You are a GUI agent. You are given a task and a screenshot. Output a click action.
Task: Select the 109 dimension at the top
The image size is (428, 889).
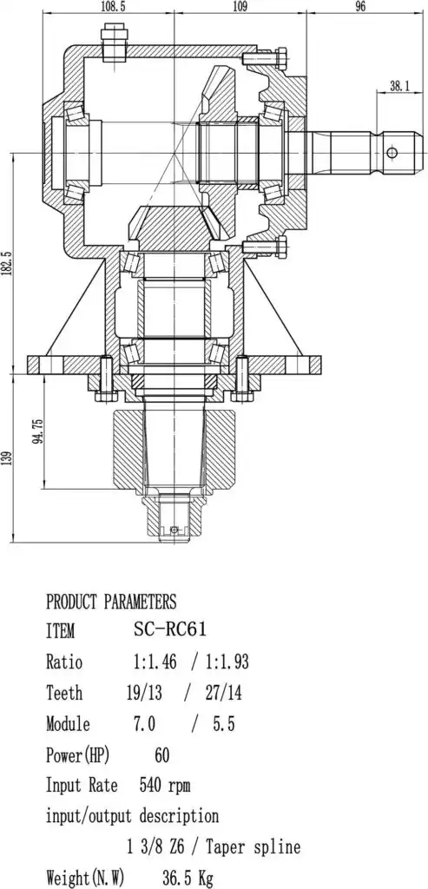240,6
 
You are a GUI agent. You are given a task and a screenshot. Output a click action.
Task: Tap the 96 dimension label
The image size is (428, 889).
360,6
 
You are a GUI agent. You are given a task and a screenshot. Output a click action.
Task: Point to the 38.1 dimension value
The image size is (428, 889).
399,86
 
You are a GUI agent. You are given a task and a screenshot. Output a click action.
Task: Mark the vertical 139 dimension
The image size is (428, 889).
6,457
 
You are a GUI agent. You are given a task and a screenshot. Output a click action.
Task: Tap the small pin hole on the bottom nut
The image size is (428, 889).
174,530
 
